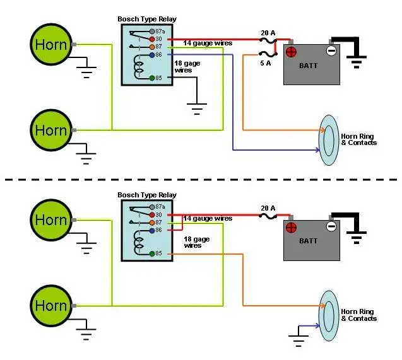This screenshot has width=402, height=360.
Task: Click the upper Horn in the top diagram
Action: [51, 44]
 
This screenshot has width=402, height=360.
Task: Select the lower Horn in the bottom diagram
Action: [51, 305]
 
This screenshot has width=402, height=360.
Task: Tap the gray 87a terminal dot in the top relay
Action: [152, 32]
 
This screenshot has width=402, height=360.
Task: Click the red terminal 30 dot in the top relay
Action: [152, 39]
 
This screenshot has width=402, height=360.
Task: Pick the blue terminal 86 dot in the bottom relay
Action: [152, 231]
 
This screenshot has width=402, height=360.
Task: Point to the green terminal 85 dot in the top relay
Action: [152, 78]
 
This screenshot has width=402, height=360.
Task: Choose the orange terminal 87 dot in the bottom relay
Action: [152, 223]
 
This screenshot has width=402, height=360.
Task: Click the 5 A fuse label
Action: [266, 63]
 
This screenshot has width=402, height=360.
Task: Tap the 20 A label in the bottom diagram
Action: [268, 208]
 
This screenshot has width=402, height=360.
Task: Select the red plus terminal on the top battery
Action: [292, 52]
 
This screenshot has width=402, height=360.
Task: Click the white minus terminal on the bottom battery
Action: [331, 226]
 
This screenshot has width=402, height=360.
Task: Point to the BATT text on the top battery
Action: [308, 66]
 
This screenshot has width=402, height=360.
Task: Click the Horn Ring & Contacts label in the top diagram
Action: [358, 139]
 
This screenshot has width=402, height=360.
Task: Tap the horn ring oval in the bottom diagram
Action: [320, 316]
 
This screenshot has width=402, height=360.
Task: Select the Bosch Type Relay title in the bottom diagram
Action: [147, 195]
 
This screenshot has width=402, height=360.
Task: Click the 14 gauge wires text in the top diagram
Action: [208, 43]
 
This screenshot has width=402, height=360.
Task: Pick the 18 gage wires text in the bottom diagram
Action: [197, 242]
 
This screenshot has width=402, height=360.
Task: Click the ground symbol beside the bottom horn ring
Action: [298, 340]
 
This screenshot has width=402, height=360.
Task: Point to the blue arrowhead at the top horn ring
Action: [318, 150]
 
